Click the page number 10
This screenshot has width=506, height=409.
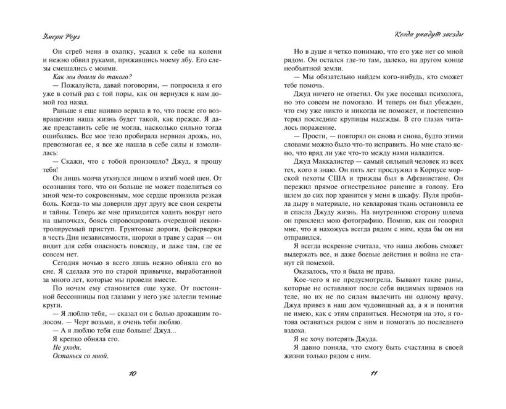pos(133,374)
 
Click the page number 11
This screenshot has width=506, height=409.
pos(373,374)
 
